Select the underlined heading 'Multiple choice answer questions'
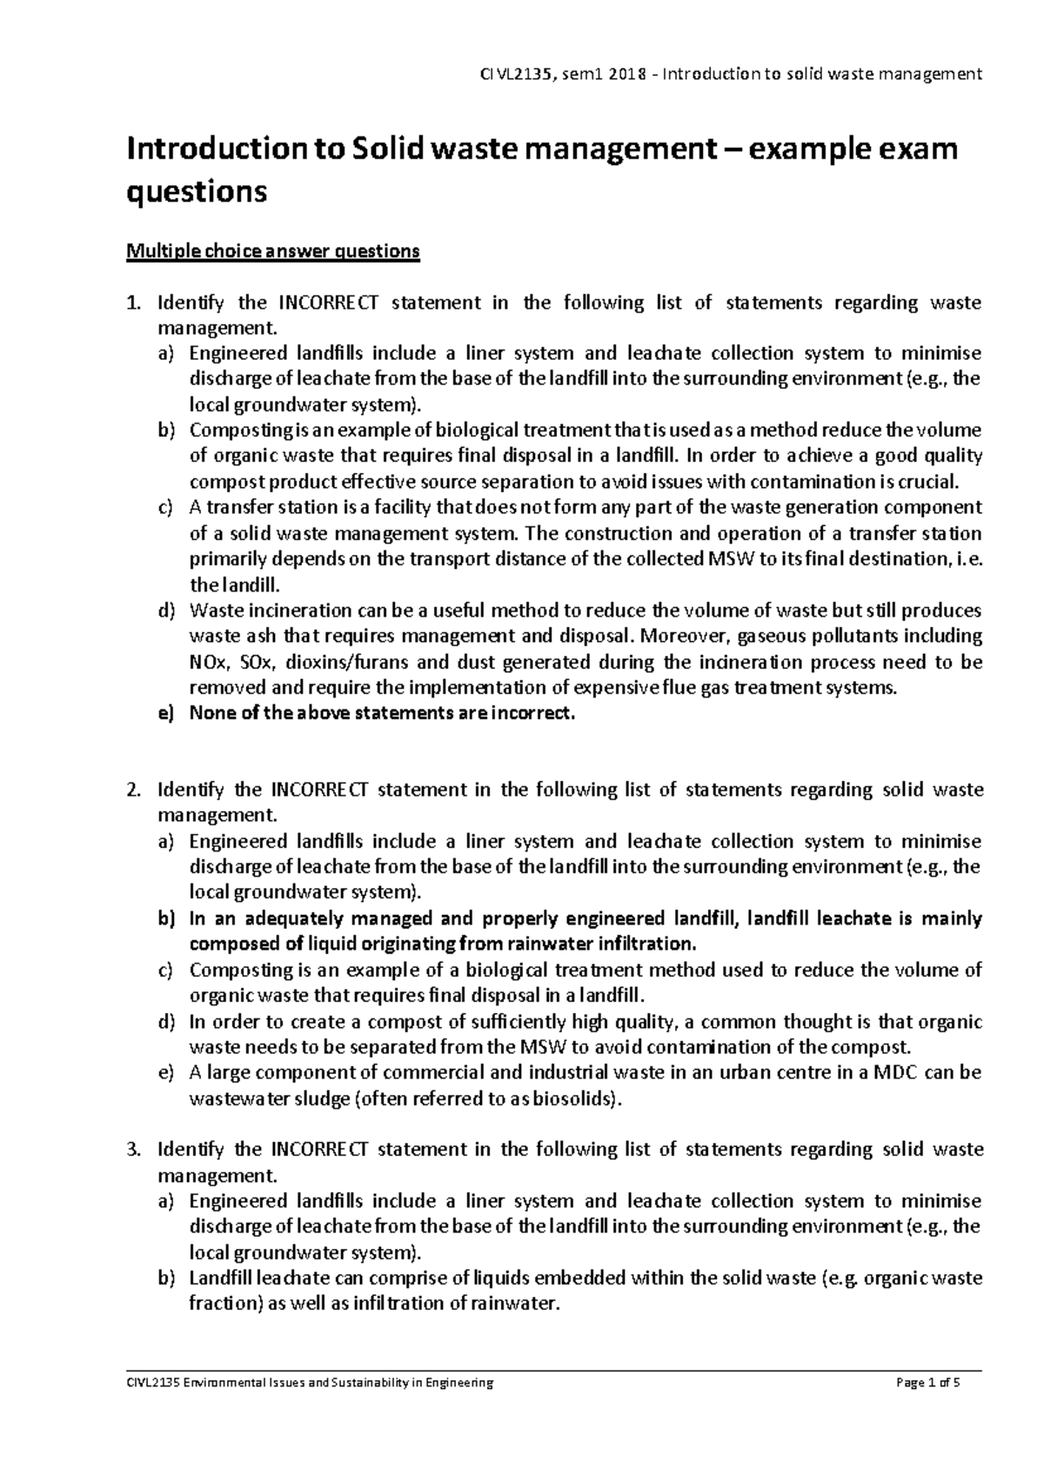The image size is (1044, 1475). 273,252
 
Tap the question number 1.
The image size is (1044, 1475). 132,304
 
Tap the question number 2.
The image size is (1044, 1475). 132,791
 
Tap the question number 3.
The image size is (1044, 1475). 132,1150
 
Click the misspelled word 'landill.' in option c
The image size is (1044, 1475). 251,585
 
